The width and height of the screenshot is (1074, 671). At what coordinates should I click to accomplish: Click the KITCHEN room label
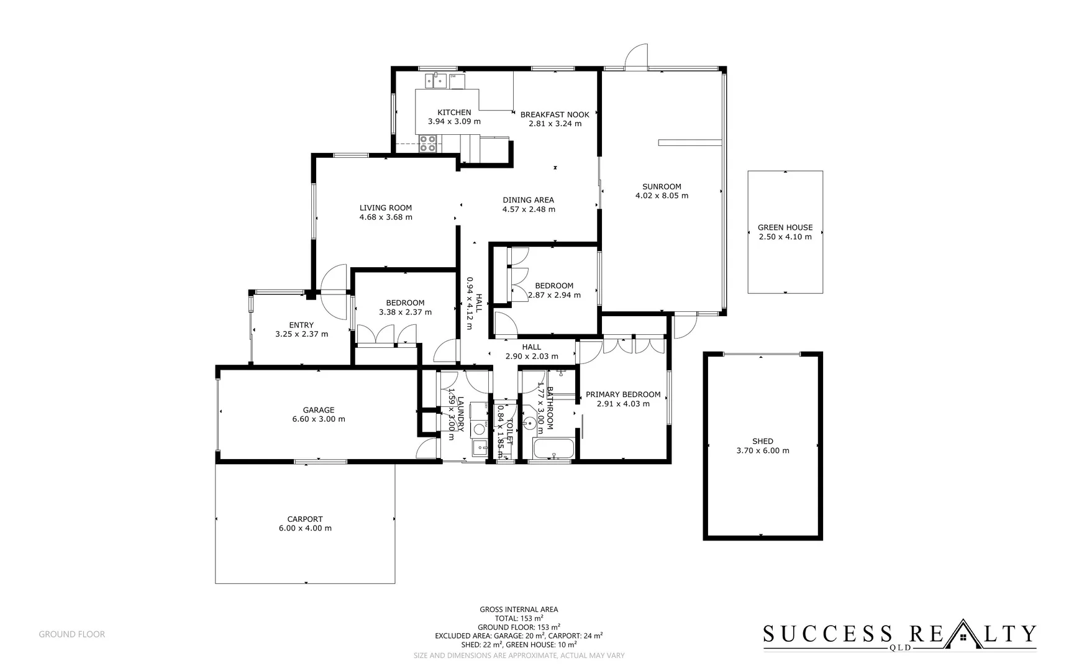(454, 112)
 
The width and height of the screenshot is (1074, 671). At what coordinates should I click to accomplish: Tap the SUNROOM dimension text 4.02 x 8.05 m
(662, 196)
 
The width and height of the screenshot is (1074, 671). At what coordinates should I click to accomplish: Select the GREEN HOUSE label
(785, 227)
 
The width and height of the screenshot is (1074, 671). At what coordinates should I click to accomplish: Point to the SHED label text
(762, 441)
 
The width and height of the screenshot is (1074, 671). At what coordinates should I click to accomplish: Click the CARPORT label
(305, 519)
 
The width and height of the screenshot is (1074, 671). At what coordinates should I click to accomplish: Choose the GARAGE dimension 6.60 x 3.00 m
(319, 419)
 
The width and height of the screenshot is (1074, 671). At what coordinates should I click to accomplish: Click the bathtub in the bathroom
(553, 449)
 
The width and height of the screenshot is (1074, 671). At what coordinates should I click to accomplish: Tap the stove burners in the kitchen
(427, 144)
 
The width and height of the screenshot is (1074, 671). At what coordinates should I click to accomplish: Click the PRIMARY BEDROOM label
(623, 395)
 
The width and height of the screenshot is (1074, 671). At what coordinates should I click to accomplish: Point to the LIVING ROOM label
(385, 208)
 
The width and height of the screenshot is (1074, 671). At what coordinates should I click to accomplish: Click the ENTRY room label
(301, 325)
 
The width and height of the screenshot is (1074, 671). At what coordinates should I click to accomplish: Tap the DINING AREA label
(528, 200)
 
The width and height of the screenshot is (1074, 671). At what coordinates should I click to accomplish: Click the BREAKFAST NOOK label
(555, 114)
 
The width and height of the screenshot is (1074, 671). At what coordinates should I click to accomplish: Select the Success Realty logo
(899, 635)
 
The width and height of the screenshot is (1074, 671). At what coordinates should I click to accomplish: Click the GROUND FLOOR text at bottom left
(72, 634)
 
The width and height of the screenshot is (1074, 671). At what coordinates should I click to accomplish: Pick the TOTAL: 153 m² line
(519, 618)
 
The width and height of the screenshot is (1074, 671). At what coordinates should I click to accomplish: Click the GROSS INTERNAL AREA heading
(519, 609)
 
